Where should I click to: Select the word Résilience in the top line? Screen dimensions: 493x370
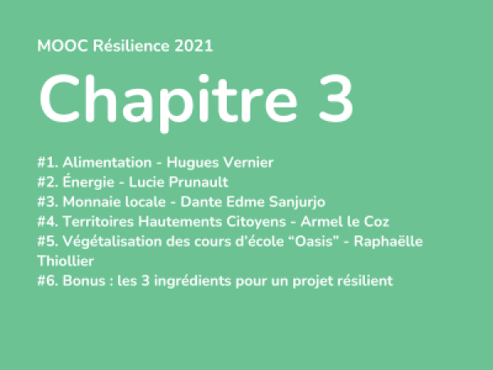(x=131, y=46)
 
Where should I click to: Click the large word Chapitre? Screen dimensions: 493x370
(x=168, y=99)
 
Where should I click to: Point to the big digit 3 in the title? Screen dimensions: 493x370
(x=336, y=98)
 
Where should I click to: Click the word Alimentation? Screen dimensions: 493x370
(x=107, y=163)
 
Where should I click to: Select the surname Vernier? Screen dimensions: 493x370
(x=248, y=163)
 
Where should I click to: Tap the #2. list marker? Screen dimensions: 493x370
(x=48, y=183)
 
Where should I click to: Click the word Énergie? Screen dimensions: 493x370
(x=89, y=182)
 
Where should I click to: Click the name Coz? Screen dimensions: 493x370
(x=376, y=221)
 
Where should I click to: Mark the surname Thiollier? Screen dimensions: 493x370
(x=66, y=261)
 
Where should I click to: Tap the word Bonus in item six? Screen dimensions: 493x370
(x=84, y=281)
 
